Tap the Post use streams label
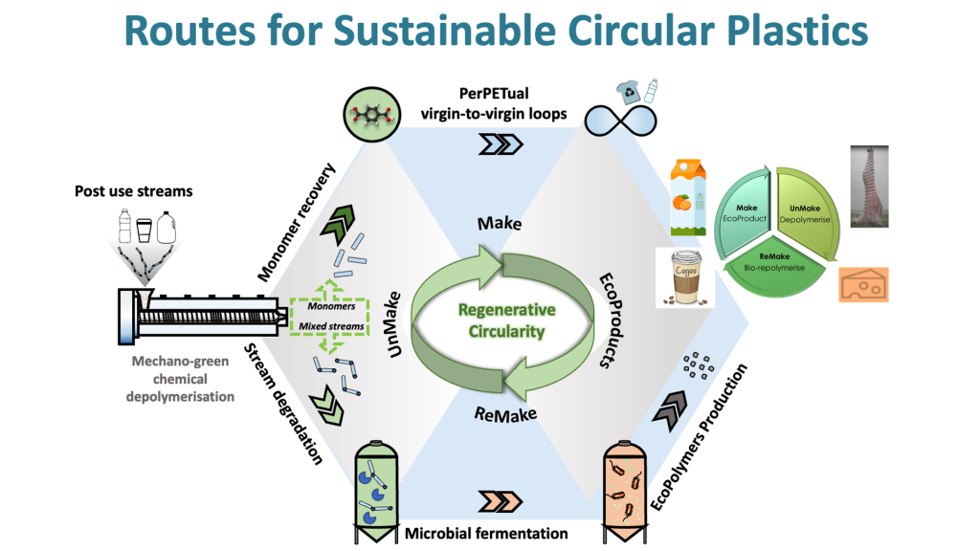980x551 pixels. (x=133, y=190)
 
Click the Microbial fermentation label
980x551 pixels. (x=486, y=532)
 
